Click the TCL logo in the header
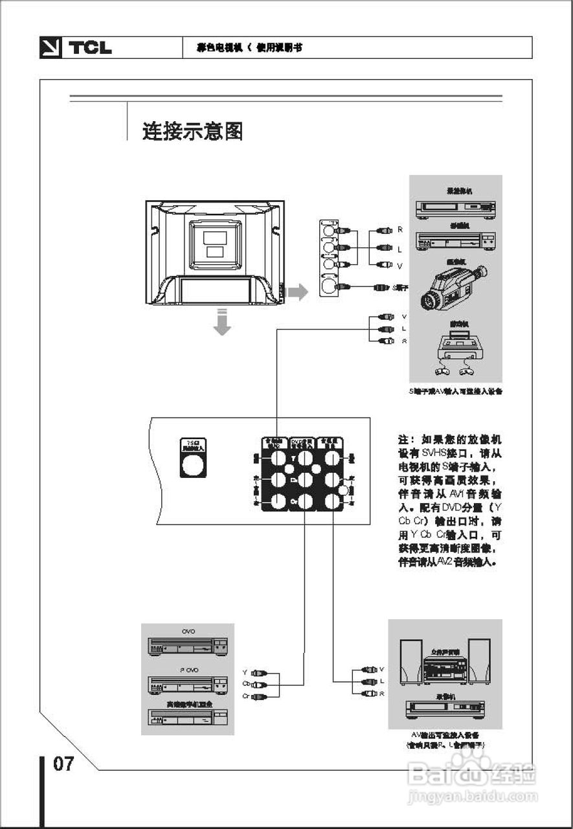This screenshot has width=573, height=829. click(x=76, y=48)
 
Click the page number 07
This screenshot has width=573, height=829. click(x=63, y=764)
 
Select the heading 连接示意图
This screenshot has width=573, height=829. click(x=193, y=131)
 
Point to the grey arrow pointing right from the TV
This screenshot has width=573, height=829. click(x=298, y=292)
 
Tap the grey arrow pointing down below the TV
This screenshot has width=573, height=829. click(x=222, y=322)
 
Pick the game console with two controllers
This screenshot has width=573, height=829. click(x=456, y=354)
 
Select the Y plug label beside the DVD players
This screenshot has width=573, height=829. click(x=245, y=672)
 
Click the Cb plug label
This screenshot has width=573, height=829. click(x=246, y=684)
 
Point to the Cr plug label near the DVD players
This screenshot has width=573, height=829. click(x=246, y=696)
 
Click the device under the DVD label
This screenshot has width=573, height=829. click(x=188, y=646)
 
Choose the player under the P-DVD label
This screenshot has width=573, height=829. click(x=188, y=684)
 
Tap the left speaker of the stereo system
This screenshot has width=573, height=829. click(x=410, y=661)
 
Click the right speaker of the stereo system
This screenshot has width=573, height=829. click(x=479, y=661)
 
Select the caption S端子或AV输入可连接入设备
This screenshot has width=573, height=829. click(x=456, y=391)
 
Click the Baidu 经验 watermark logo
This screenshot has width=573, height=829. click(x=473, y=774)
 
